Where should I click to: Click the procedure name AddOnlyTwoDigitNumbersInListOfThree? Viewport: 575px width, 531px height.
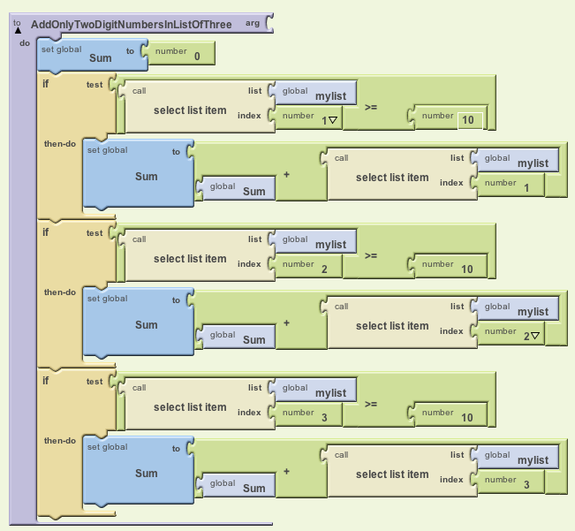[131, 25]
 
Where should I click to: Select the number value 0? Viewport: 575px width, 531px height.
[197, 57]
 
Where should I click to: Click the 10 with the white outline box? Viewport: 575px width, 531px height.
[470, 120]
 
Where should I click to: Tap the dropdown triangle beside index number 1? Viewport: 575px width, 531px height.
[334, 120]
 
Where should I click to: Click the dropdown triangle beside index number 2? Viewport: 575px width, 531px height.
[535, 335]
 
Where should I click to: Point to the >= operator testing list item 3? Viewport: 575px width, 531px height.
[373, 404]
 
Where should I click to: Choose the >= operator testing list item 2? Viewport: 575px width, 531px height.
[373, 255]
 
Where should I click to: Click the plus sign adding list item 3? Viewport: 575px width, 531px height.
[286, 471]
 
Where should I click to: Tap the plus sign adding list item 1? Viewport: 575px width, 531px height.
[286, 174]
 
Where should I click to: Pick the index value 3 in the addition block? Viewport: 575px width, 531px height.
[526, 484]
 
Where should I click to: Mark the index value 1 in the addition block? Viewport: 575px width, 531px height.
[526, 187]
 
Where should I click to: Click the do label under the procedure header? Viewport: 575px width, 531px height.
[24, 42]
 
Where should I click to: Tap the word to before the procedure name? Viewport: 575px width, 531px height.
[17, 22]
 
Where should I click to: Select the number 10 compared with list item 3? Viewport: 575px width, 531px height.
[467, 417]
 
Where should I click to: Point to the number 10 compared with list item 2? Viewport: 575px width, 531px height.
[467, 269]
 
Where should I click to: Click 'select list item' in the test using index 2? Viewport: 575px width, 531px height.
[190, 259]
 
